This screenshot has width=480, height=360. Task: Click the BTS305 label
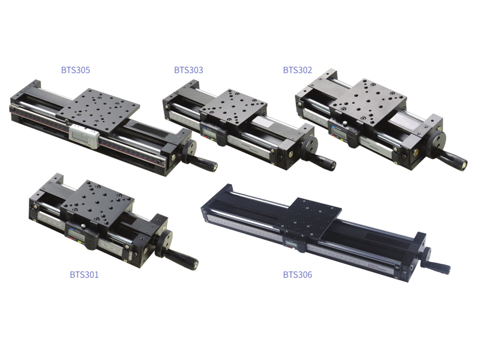click(x=76, y=70)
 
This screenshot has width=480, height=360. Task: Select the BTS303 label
click(x=188, y=70)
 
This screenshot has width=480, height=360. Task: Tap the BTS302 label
click(x=298, y=70)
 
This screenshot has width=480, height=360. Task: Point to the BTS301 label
click(x=84, y=274)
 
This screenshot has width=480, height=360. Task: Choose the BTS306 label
click(x=298, y=274)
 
